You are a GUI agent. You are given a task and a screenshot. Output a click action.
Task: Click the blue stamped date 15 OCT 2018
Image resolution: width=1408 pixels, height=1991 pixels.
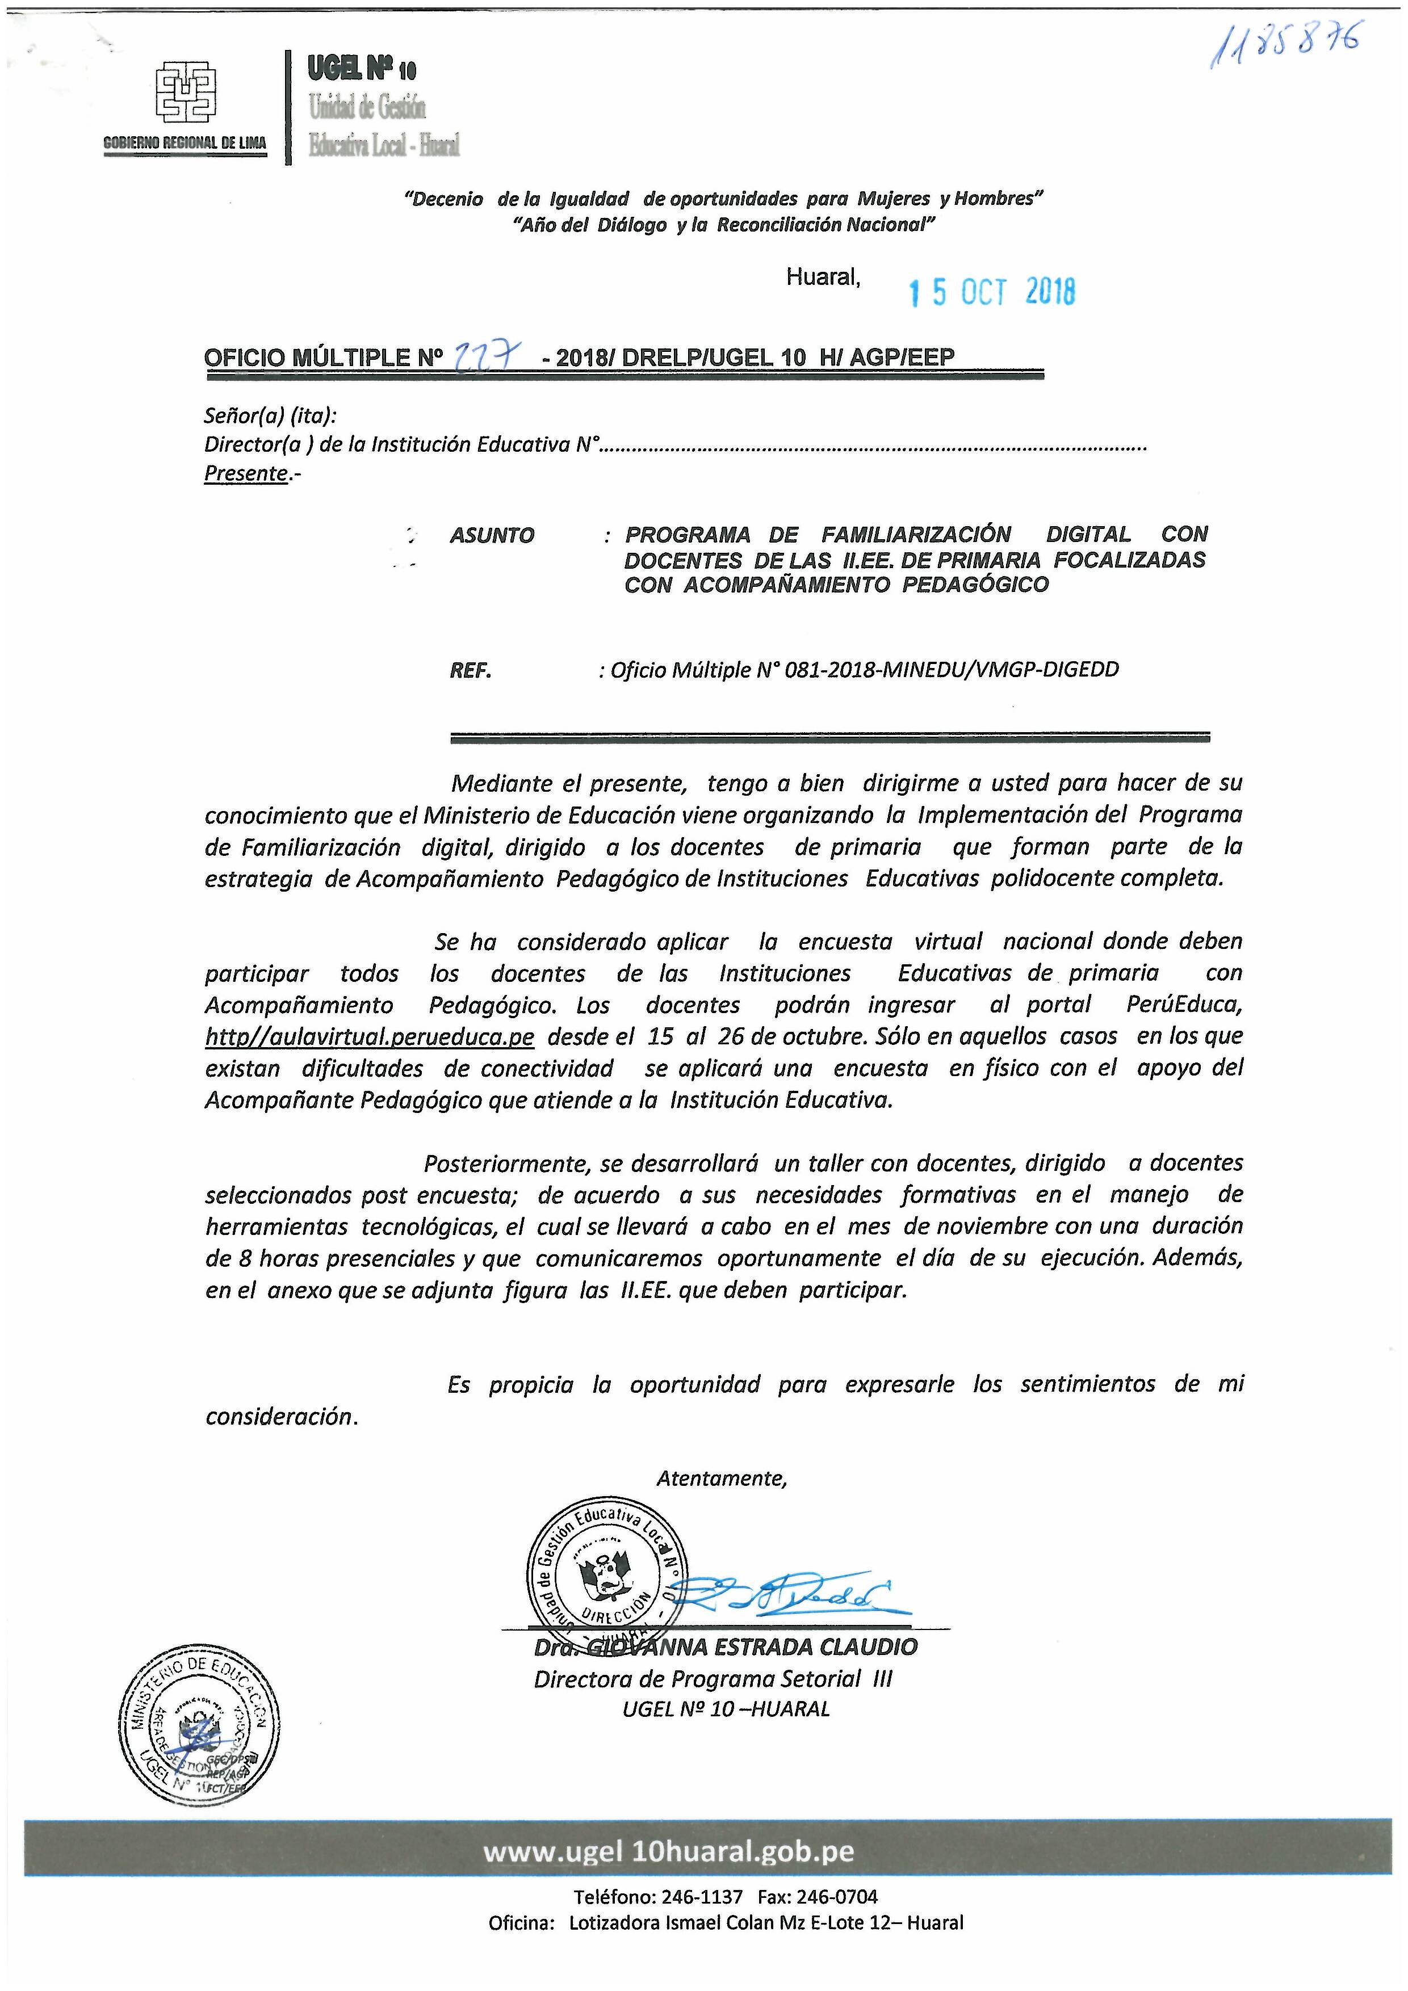tap(992, 292)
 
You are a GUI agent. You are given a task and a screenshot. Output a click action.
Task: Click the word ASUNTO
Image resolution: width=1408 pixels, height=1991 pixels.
tap(492, 536)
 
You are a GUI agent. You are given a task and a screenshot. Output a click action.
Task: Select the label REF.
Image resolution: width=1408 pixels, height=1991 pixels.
tap(470, 670)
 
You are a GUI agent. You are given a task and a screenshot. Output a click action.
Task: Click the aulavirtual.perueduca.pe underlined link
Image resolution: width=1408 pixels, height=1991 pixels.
tap(370, 1037)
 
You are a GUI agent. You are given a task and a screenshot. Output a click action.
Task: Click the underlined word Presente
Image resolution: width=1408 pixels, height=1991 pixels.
tap(245, 473)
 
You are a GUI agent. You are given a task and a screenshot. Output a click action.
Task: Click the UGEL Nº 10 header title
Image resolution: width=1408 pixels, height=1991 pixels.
tap(362, 69)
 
